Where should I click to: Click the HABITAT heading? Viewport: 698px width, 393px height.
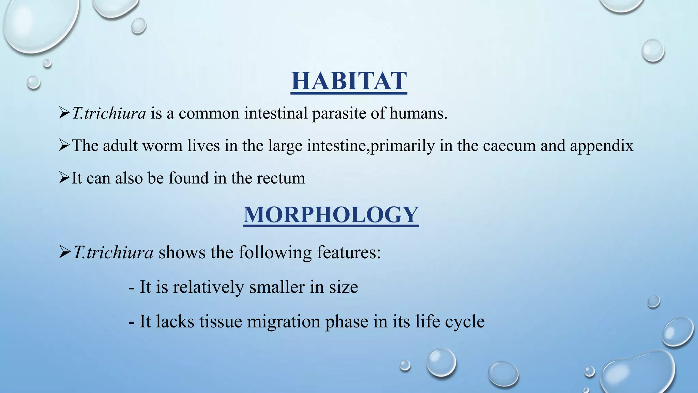pos(349,81)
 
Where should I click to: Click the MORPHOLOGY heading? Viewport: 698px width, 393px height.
pos(331,215)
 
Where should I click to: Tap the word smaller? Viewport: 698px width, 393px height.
pos(277,287)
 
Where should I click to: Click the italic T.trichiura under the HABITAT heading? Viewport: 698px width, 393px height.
pos(109,113)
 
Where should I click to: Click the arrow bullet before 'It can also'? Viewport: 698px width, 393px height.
pos(64,178)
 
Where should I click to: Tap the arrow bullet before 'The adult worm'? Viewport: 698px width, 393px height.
pos(64,146)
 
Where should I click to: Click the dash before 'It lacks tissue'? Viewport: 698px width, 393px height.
pos(132,322)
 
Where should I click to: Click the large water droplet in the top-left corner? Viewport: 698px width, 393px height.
pos(37,24)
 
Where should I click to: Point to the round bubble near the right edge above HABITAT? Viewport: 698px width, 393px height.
pos(653,50)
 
